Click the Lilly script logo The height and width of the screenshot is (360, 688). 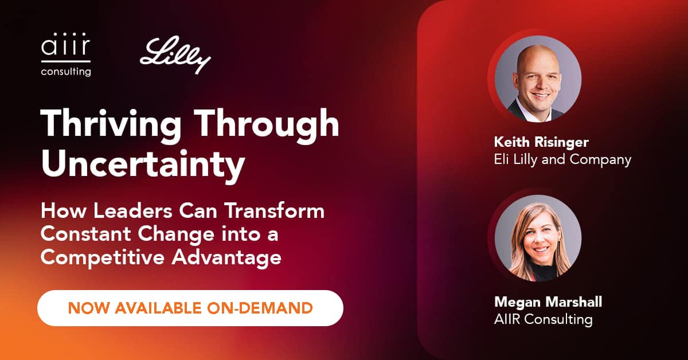tap(175, 56)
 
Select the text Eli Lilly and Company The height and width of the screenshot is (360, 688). tap(562, 159)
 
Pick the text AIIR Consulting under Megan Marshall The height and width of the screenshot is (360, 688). tap(543, 319)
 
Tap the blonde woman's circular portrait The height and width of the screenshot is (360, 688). tap(538, 238)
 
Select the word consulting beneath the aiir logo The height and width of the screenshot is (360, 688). tap(65, 72)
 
